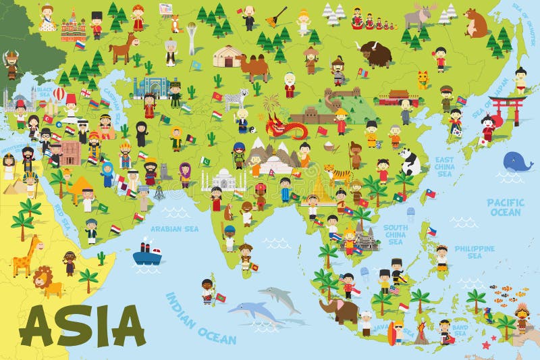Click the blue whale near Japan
(x=518, y=161)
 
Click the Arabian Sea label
(x=175, y=228)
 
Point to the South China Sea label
(x=396, y=234)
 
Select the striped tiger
(x=337, y=174)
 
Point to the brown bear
(x=477, y=24)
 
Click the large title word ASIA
(x=82, y=326)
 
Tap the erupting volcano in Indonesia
(x=421, y=332)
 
